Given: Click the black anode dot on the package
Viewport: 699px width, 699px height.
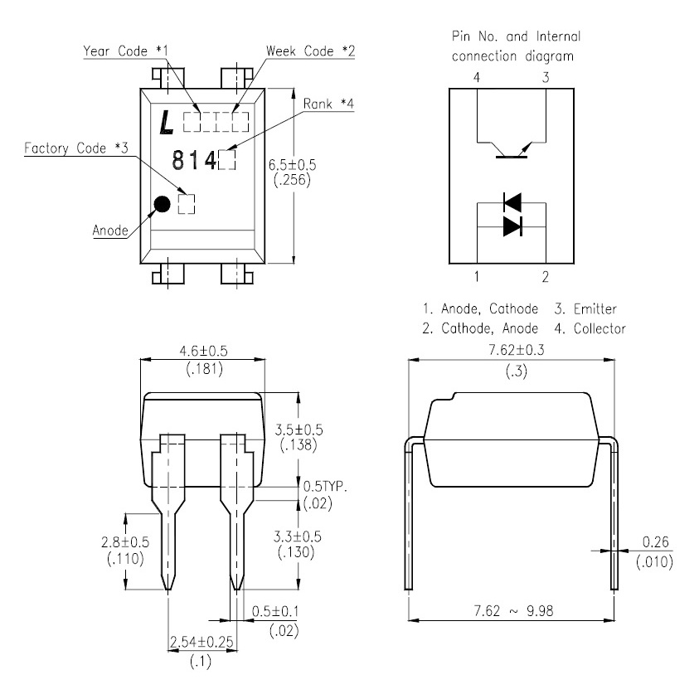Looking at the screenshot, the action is (162, 204).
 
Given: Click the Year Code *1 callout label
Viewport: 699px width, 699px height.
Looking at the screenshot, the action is (126, 51).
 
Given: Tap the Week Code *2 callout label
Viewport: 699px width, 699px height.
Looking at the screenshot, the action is (310, 51).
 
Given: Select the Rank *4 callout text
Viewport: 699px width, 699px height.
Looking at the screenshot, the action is (328, 104).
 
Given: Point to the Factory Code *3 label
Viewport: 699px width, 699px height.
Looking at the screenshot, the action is (76, 148).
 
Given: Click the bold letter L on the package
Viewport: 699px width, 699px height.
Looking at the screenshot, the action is (167, 122).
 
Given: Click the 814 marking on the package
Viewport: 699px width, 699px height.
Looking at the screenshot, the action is (194, 160).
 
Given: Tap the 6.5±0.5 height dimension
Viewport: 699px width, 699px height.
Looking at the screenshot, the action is (292, 165).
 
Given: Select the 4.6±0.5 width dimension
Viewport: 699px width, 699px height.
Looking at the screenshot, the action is (203, 352).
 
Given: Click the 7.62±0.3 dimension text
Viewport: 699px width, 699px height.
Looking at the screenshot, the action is (517, 350).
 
